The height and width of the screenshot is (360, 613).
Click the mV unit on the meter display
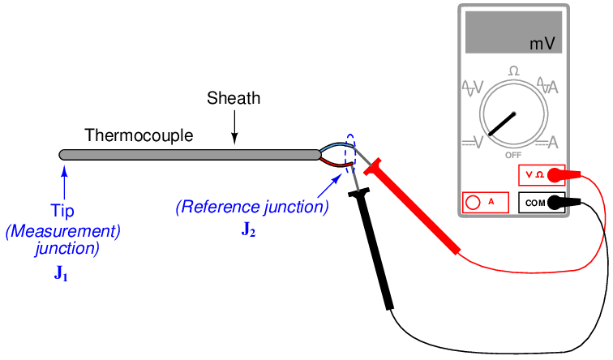pos(542,44)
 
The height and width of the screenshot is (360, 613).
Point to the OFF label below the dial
pos(513,154)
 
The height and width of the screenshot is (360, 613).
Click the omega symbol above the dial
pos(513,71)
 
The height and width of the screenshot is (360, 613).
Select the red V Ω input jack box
pos(541,174)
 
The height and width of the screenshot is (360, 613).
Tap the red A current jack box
pos(484,202)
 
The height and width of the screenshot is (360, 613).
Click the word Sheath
pos(234,99)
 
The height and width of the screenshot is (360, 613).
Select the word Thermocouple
pos(139,135)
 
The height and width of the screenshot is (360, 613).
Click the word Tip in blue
pos(63,211)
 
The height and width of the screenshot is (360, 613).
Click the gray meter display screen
pos(513,32)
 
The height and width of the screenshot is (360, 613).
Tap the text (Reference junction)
pos(252,208)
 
